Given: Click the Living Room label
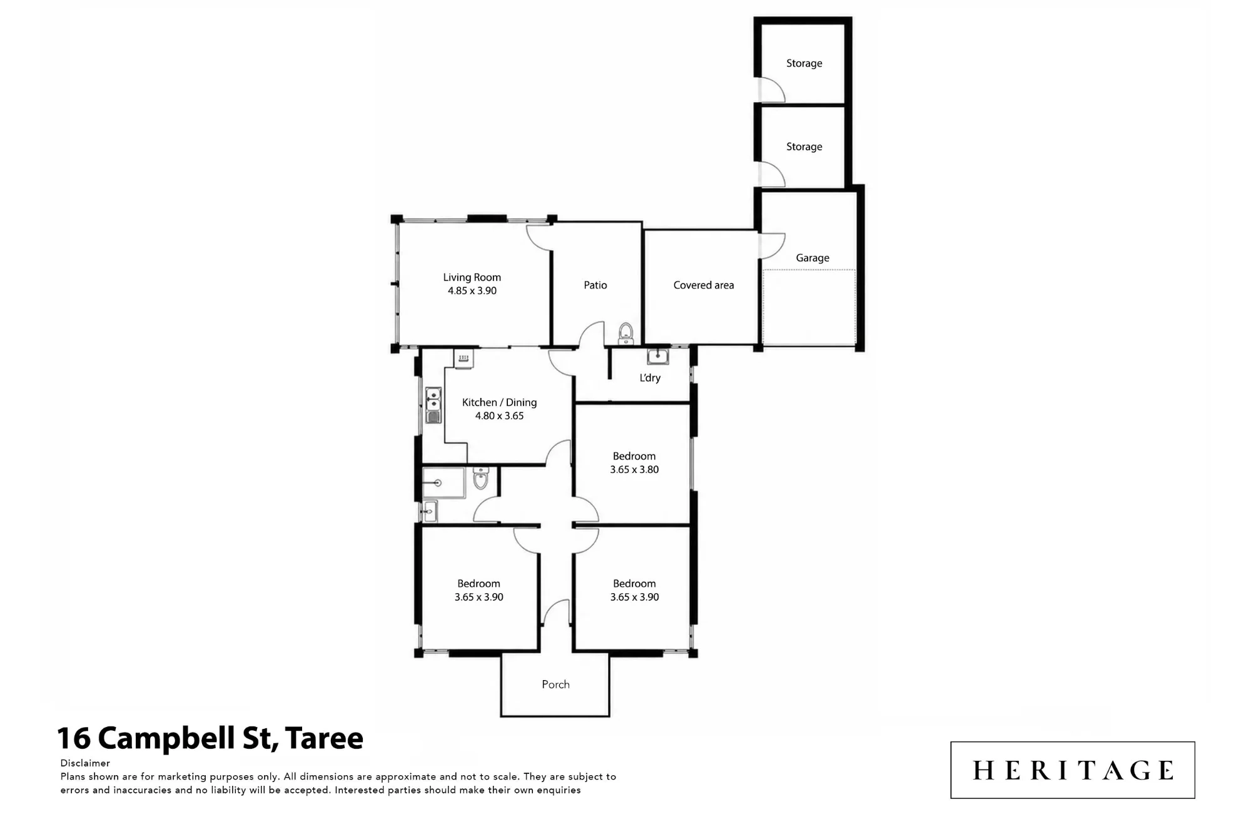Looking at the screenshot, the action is [x=472, y=277].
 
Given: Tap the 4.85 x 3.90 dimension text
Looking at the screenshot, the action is [x=472, y=291].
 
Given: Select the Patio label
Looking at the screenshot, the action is [x=595, y=285].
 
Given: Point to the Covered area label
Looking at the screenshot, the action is [x=704, y=285].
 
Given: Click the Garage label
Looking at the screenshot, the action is [x=813, y=258].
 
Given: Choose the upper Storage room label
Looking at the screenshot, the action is [x=804, y=63].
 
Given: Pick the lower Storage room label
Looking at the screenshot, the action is [x=804, y=146].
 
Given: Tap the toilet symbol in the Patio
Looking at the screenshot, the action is [x=625, y=333].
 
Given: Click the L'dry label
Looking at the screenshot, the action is [x=650, y=378].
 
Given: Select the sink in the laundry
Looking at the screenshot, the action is [x=657, y=357].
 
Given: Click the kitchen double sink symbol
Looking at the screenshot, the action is [x=433, y=405].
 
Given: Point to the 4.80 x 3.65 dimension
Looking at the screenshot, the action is [x=499, y=416].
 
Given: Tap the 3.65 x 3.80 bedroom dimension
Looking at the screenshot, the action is [x=634, y=470].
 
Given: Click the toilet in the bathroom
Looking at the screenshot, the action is [x=480, y=478].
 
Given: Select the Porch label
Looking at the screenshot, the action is [x=555, y=684].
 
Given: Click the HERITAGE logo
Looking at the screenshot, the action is [x=1073, y=770].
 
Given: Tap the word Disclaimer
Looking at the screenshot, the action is [x=85, y=763].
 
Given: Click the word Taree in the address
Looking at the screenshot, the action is [x=324, y=738].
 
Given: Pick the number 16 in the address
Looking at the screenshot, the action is [x=74, y=738].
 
